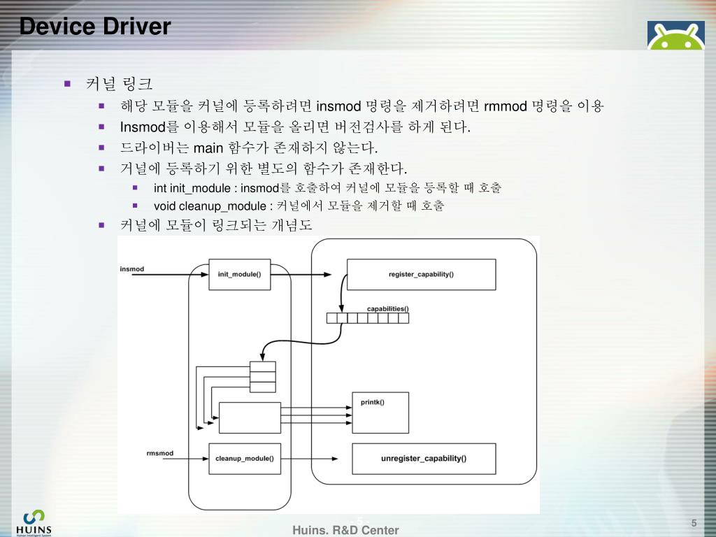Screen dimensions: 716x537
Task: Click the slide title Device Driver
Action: pos(95,27)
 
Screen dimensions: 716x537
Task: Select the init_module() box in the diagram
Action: pos(239,274)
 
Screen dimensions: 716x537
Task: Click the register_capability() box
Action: pos(421,274)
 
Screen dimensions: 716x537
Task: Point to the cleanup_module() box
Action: pos(244,459)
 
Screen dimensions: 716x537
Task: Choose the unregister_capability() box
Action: pos(424,459)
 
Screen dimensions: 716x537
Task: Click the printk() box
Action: pos(380,413)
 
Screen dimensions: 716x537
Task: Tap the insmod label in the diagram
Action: pos(132,269)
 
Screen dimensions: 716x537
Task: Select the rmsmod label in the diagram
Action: pos(160,453)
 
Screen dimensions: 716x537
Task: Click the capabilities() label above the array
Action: pos(387,308)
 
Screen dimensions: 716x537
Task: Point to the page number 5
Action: pos(694,524)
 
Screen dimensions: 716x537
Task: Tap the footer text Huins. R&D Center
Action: pos(345,530)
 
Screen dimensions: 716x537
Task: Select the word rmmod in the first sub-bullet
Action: pos(504,106)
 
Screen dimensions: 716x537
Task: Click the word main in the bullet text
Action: pos(208,148)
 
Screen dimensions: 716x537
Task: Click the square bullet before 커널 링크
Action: pos(68,84)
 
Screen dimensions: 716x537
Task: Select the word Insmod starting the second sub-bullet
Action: pos(140,127)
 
